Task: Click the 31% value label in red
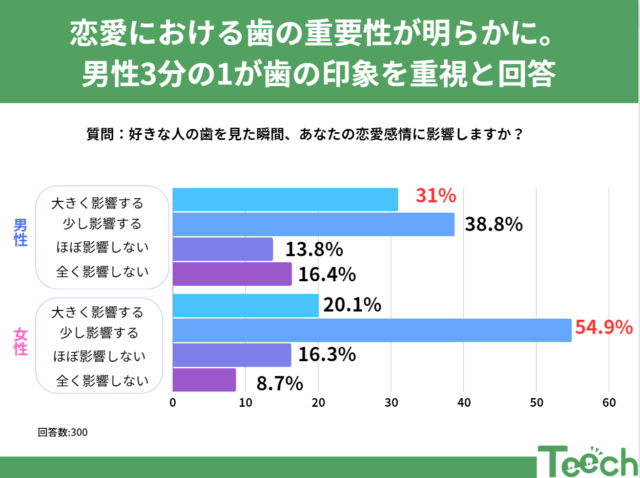pos(436,196)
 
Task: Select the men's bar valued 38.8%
pos(314,224)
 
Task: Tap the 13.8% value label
pos(314,250)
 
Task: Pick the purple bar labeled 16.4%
pos(232,274)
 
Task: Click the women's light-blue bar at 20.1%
pos(245,306)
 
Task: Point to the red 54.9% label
pos(604,327)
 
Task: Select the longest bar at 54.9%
pos(372,330)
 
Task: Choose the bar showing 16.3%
pos(232,355)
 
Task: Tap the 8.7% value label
pos(279,383)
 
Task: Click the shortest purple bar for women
pos(204,380)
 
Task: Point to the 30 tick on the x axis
pos(391,403)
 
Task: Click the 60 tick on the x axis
pos(609,403)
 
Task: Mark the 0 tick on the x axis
pos(173,403)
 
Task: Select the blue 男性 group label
pos(20,233)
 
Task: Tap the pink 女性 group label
pos(20,342)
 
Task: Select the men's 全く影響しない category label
pos(102,272)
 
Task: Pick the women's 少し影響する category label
pos(99,334)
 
